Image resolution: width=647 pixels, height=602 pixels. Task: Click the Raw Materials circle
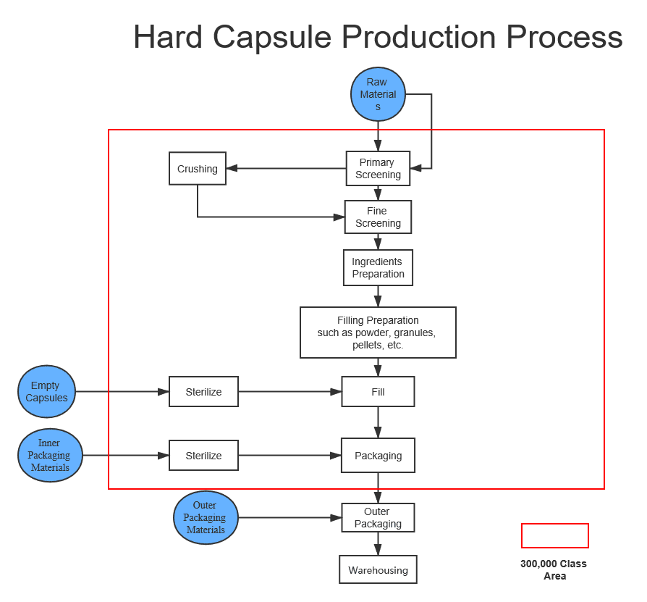click(378, 94)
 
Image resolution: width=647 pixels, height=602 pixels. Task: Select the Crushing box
click(198, 169)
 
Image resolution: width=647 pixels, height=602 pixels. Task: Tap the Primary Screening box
click(378, 169)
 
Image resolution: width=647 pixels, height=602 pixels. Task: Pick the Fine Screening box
click(378, 217)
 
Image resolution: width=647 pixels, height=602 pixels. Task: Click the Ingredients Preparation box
click(378, 268)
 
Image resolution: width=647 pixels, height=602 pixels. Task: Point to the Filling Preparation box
click(378, 333)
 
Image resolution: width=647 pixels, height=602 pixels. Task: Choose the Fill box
click(378, 392)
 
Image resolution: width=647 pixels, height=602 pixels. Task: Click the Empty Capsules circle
click(47, 392)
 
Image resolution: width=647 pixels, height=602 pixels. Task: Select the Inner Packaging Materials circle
click(50, 456)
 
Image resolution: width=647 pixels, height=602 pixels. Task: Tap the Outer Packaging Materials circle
click(206, 518)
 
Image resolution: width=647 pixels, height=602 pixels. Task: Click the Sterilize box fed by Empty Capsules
click(203, 392)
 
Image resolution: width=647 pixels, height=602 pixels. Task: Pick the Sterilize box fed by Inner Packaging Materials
click(203, 456)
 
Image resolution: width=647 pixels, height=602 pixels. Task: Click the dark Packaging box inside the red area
click(378, 456)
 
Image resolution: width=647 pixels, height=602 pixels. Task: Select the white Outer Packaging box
click(378, 518)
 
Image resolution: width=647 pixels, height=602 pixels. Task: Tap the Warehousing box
click(378, 570)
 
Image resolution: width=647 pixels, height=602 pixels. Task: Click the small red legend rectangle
click(554, 535)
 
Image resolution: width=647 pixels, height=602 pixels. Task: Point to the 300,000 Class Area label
click(554, 569)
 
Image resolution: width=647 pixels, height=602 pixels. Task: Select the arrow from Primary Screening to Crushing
click(286, 169)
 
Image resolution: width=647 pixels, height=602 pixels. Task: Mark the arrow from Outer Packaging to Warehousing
click(378, 544)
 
